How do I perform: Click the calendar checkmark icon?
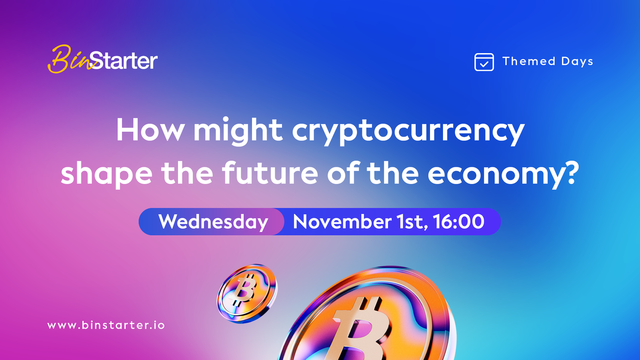(484, 62)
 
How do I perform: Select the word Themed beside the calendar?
(529, 61)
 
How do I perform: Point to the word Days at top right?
(577, 61)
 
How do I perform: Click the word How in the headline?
(150, 129)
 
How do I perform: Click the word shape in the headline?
(106, 174)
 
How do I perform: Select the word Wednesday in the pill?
(213, 222)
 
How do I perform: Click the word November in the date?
(342, 221)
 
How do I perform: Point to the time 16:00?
(459, 221)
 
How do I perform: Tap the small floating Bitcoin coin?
(246, 293)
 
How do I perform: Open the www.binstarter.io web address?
(106, 325)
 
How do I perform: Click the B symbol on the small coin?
(244, 290)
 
